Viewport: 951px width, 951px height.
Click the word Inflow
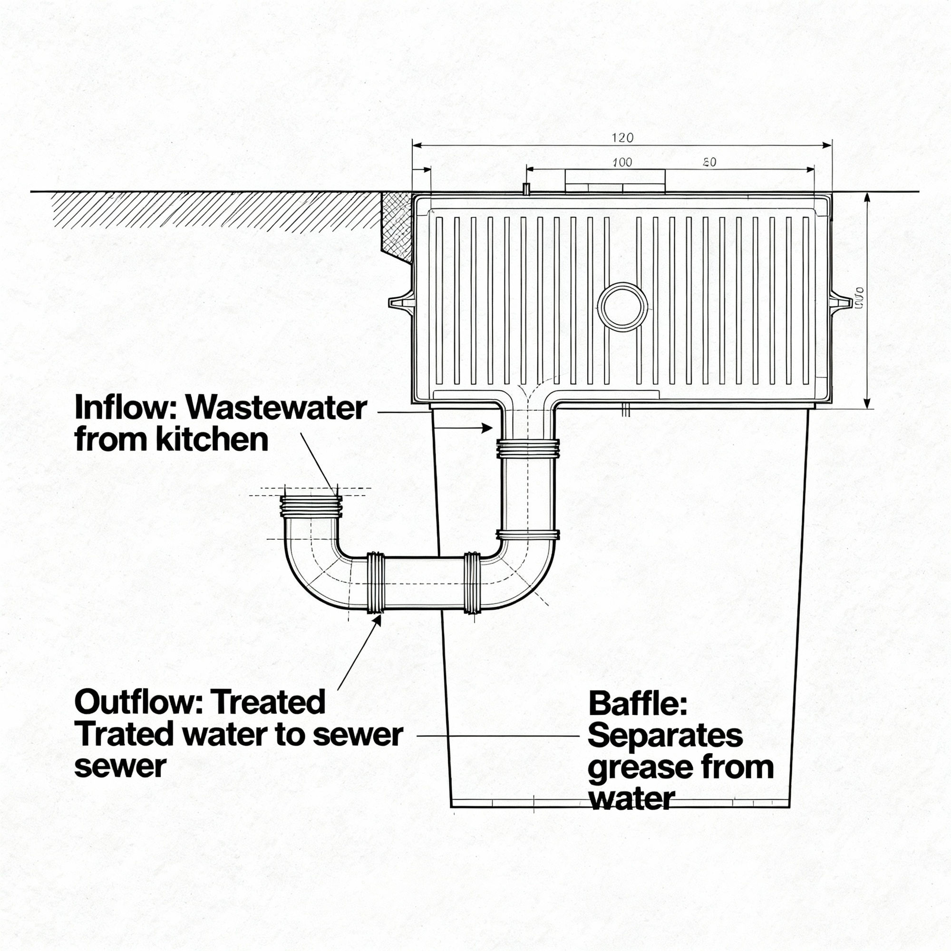[x=126, y=408]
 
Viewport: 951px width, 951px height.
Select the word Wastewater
[x=277, y=408]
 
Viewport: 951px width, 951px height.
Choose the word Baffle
[x=637, y=704]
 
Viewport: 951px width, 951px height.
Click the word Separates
[x=665, y=737]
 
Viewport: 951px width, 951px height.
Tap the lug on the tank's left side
[x=402, y=302]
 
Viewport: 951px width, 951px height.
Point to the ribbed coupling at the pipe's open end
[x=311, y=506]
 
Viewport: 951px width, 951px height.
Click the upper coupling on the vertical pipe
[x=528, y=448]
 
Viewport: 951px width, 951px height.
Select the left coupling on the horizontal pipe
[x=375, y=583]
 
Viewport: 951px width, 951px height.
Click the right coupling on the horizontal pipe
[x=472, y=583]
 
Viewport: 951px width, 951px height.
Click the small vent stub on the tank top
[x=526, y=189]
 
